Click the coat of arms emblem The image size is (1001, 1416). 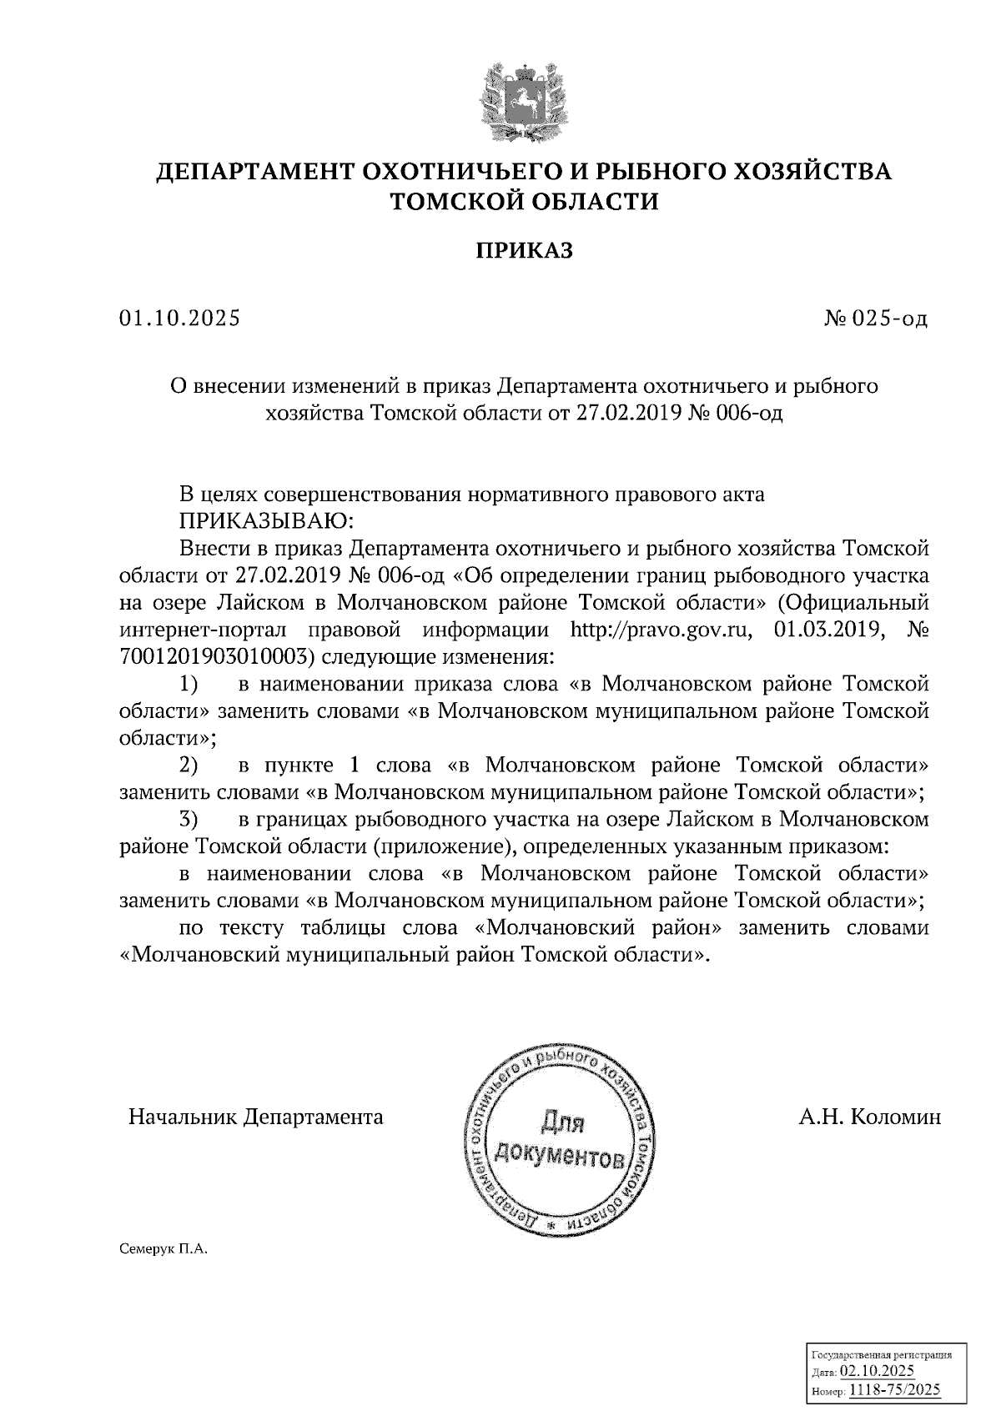tap(525, 102)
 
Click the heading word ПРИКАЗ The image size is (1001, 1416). tap(525, 250)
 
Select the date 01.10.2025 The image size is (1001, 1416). tap(179, 319)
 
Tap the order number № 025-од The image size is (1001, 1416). tap(875, 319)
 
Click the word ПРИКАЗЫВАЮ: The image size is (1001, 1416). tap(267, 521)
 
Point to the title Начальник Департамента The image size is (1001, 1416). tap(255, 1117)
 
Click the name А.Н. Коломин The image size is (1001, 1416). tap(869, 1117)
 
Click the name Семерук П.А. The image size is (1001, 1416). tap(166, 1251)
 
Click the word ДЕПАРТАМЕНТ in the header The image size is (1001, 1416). tap(254, 172)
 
